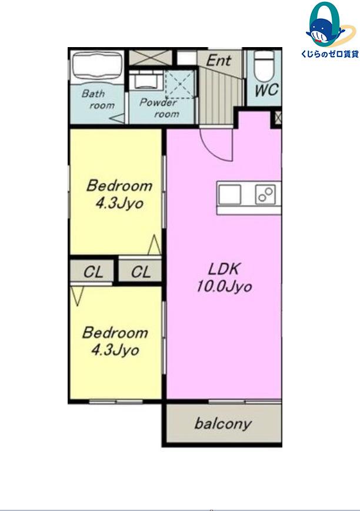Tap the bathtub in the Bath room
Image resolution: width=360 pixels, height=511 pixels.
pos(97,66)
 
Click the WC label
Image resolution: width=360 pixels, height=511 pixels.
pos(266,90)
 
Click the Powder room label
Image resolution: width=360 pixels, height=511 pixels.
pos(159,108)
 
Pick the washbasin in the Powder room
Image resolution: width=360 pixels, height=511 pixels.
pos(145,80)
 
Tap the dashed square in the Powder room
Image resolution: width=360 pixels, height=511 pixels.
pos(179,84)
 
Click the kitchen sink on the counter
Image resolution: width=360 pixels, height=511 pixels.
pos(230,194)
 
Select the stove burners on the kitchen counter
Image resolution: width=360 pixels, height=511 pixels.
pos(266,194)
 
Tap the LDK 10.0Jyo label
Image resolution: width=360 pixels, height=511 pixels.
pos(224,278)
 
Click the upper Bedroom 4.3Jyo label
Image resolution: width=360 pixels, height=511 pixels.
pos(119,194)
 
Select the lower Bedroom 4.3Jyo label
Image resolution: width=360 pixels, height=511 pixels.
pos(115,341)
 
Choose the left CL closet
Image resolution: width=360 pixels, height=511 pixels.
pos(92,272)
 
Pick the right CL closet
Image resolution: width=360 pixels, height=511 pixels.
pos(140,271)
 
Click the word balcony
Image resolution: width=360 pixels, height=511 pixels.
pos(224,424)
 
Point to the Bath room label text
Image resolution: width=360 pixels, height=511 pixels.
pos(98,99)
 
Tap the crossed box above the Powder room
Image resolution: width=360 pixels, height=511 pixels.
pos(151,58)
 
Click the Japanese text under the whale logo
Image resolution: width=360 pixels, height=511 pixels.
pos(330,54)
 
